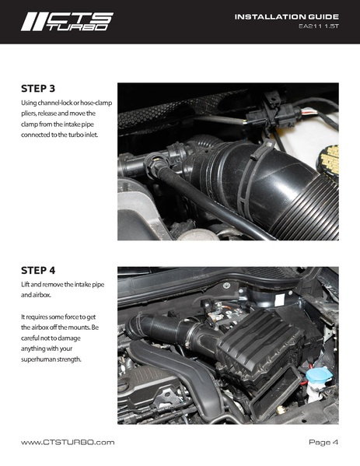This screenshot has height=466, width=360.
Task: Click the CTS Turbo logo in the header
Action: (x=67, y=21)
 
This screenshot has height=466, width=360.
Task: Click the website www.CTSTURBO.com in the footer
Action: (x=68, y=442)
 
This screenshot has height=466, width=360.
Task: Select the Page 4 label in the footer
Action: (x=323, y=442)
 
